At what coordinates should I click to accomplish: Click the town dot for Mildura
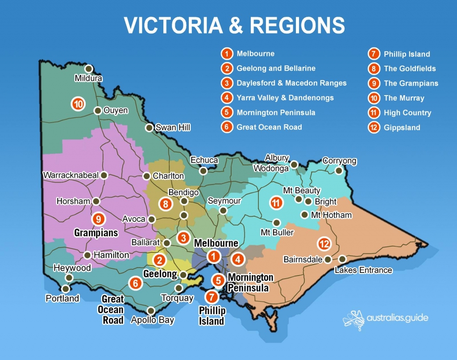(x=88, y=69)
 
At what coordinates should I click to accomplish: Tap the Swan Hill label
(x=173, y=128)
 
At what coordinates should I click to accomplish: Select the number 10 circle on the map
(x=78, y=105)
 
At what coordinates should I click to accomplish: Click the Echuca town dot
(x=204, y=171)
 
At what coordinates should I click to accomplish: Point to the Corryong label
(x=340, y=161)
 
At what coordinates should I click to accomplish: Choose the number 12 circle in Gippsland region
(x=324, y=244)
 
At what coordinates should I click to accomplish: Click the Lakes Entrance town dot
(x=342, y=259)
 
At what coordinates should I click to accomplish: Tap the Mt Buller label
(x=277, y=233)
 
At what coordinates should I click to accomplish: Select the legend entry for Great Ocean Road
(x=269, y=127)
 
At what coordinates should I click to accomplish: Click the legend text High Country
(x=407, y=113)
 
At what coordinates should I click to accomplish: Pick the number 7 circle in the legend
(x=374, y=54)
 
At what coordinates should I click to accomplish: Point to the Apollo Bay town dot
(x=151, y=310)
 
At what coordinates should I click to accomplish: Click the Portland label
(x=62, y=298)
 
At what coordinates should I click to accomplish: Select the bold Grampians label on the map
(x=96, y=233)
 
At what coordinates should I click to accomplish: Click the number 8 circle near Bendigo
(x=166, y=205)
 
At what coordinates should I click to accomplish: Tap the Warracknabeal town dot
(x=104, y=176)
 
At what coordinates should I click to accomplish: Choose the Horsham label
(x=73, y=201)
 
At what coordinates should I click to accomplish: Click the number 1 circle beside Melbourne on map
(x=214, y=256)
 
